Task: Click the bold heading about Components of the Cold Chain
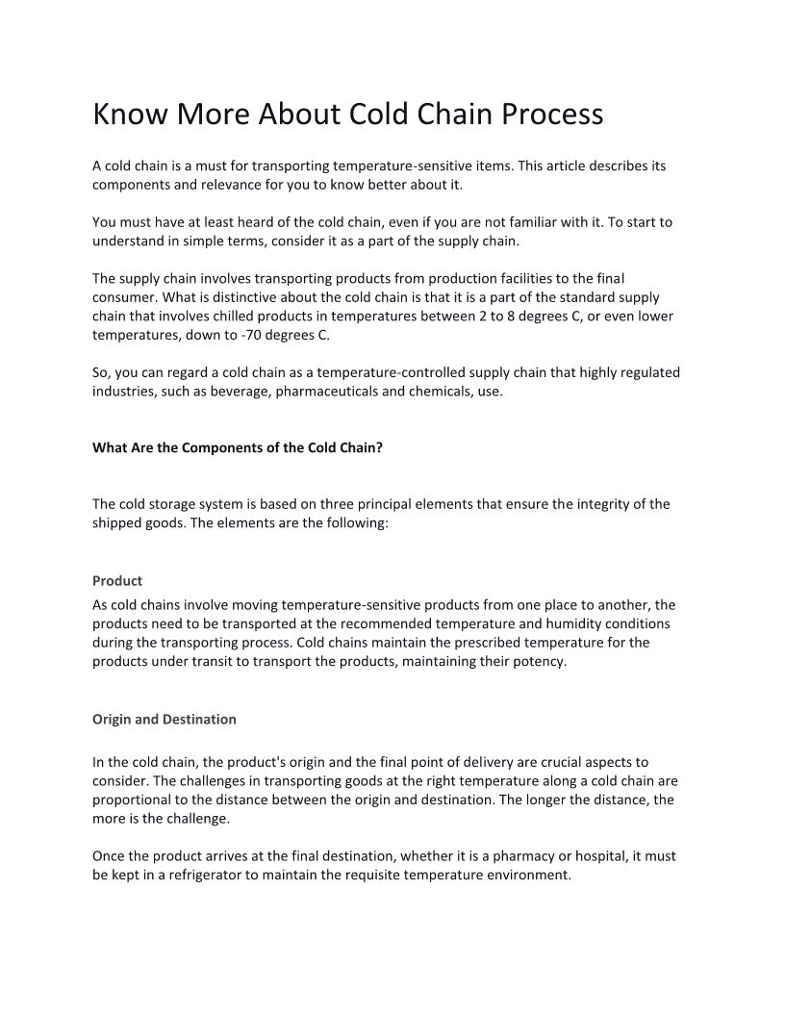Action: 238,447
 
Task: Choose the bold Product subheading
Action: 117,580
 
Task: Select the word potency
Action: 541,661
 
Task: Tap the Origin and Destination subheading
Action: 164,719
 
